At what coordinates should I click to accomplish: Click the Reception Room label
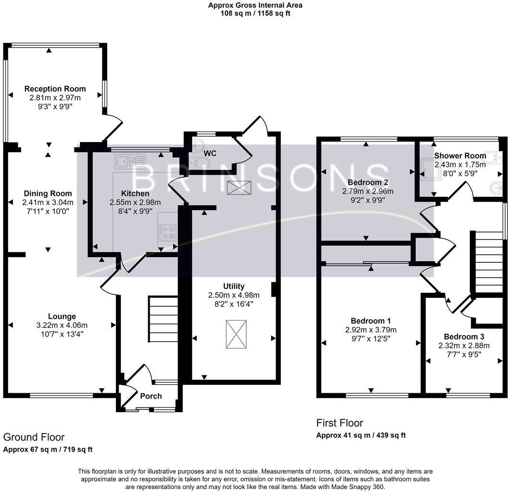coord(55,89)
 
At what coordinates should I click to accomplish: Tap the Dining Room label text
coord(48,194)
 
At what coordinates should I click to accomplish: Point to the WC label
coord(210,154)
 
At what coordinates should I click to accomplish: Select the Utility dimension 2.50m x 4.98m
coord(234,295)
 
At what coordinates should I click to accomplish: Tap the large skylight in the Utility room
coord(237,334)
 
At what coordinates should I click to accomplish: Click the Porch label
coord(151,396)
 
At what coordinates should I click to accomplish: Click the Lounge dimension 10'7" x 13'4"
coord(62,334)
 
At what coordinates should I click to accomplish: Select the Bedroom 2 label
coord(368,182)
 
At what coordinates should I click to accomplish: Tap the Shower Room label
coord(460,156)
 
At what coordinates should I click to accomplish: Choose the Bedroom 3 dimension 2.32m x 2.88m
coord(464,345)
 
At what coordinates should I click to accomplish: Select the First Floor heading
coord(339,423)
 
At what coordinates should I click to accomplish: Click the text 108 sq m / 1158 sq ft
coord(255,13)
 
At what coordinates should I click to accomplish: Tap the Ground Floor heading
coord(34,437)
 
